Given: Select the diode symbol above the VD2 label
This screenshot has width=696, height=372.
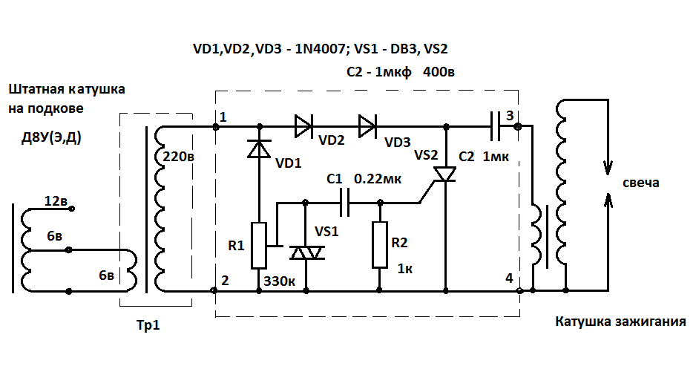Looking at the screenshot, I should pyautogui.click(x=304, y=127).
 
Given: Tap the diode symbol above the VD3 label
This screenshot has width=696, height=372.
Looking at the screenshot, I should pyautogui.click(x=367, y=127).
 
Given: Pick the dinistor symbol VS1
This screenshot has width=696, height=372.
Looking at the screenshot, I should pyautogui.click(x=306, y=253).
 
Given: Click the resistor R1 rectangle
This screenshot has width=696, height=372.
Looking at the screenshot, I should pyautogui.click(x=259, y=245).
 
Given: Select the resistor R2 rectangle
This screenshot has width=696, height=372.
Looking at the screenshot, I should pyautogui.click(x=380, y=245).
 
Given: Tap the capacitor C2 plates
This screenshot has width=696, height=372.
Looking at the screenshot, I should pyautogui.click(x=495, y=127).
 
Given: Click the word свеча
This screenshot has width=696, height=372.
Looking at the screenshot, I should pyautogui.click(x=640, y=183).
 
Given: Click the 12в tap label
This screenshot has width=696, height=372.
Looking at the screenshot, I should pyautogui.click(x=56, y=200).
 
